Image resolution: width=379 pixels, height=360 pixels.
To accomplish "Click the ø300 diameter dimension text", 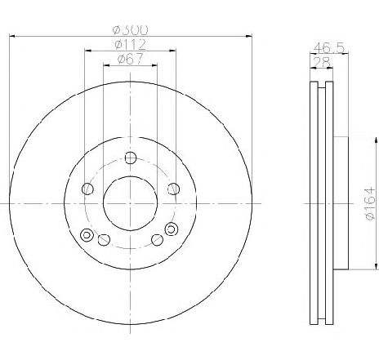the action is click(131, 30).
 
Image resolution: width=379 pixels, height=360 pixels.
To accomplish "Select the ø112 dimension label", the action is click(131, 44).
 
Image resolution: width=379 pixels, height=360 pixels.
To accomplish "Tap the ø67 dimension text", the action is click(131, 59).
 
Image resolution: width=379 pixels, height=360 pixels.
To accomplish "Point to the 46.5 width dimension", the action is click(329, 48).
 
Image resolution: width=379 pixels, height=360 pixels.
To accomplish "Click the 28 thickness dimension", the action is click(322, 62).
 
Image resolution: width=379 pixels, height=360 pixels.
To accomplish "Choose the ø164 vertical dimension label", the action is click(371, 203).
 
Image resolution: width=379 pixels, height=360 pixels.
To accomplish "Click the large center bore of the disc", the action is click(131, 203).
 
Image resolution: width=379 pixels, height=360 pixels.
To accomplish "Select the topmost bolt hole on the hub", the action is click(131, 158).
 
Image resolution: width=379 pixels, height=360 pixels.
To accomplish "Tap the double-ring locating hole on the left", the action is click(87, 234).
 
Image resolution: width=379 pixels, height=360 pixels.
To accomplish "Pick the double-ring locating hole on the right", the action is click(172, 229).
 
